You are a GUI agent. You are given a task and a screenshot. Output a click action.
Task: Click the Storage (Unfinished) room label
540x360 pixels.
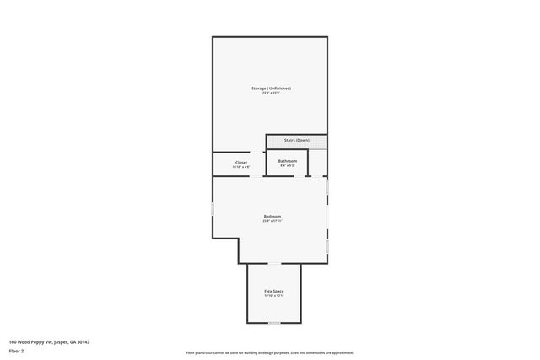pos(271,88)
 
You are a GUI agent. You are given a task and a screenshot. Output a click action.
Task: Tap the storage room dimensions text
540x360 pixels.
pos(271,93)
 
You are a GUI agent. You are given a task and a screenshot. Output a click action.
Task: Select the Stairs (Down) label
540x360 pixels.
pos(296,140)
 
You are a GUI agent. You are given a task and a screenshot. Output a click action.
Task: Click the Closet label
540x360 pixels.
pos(241,162)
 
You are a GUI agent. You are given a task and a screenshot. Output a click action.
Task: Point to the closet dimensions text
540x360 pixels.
pos(241,167)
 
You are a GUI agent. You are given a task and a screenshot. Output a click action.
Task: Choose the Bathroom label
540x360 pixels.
pos(288,160)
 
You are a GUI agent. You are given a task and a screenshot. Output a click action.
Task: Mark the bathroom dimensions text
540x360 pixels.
pos(288,165)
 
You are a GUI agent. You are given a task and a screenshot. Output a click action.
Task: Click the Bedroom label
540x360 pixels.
pos(272,216)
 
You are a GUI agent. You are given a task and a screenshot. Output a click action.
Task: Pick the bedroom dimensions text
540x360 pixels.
pos(272,221)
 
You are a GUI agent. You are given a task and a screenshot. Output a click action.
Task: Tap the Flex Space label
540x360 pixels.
pos(273,291)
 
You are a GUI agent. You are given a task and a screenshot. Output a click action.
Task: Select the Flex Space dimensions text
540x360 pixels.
pos(273,296)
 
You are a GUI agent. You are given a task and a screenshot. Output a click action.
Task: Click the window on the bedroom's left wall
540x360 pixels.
pos(213,207)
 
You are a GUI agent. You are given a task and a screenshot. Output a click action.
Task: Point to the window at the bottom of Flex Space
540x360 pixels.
pos(273,323)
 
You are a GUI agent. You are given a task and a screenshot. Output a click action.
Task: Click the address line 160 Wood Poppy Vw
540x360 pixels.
pos(49,342)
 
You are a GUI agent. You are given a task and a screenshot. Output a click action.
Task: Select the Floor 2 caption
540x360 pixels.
pos(17,350)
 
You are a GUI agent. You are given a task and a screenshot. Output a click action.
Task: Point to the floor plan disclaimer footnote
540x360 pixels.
pos(270,353)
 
